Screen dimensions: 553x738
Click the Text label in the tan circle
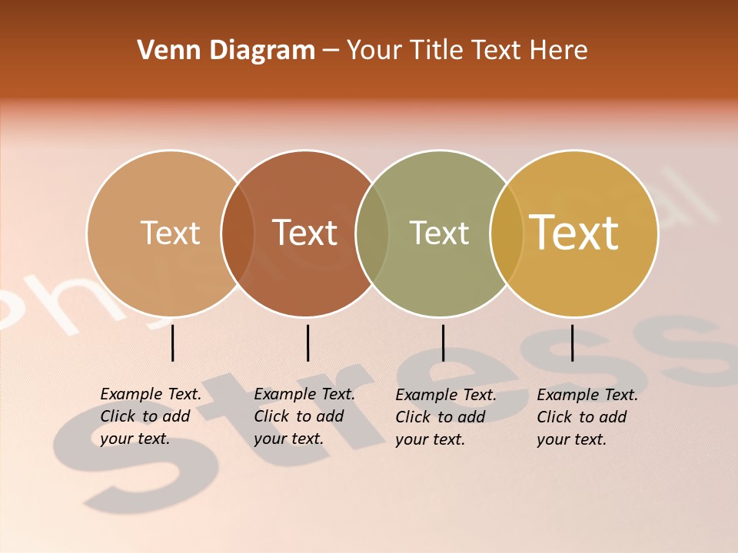coord(170,233)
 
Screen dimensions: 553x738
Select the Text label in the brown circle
coord(305,233)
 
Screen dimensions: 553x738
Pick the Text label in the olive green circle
coord(439,233)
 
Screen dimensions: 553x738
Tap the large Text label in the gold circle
coord(574,232)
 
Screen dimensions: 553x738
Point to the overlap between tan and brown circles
coord(238,233)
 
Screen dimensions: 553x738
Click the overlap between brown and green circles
coord(372,233)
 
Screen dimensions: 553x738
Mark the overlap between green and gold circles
coord(506,233)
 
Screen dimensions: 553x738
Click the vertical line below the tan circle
coord(172,343)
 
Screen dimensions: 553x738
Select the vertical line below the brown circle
coord(307,343)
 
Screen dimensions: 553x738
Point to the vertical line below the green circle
coord(443,343)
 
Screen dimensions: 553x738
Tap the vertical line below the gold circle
coord(572,343)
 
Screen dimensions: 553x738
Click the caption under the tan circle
coord(151,416)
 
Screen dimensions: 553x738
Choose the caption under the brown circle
coord(304,416)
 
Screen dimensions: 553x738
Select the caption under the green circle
coord(446,417)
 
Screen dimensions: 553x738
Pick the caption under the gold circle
coord(587,417)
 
